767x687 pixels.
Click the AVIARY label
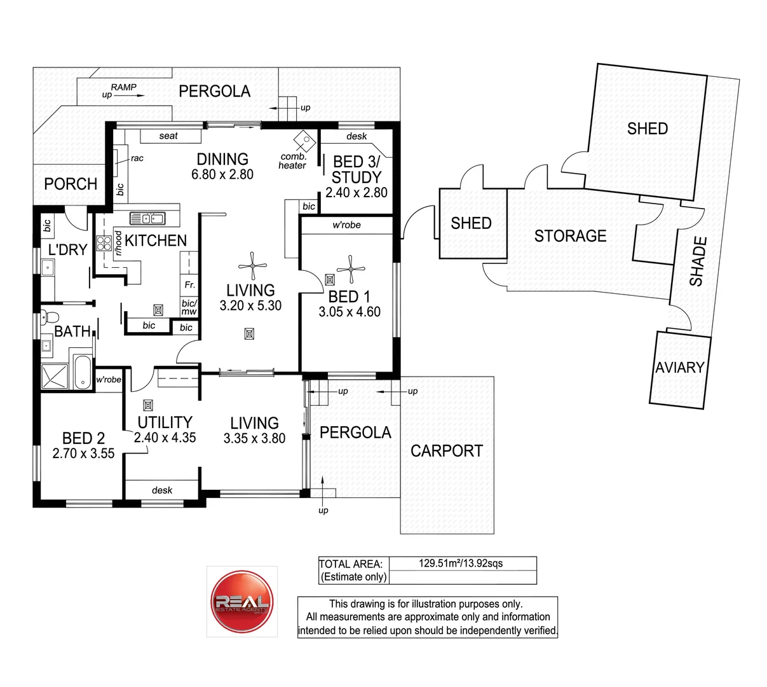click(679, 367)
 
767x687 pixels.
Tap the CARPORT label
click(447, 451)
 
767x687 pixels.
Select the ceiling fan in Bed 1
click(351, 269)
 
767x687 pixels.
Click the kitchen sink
click(147, 218)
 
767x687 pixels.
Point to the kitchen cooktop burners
click(104, 243)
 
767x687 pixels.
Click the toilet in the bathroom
click(49, 317)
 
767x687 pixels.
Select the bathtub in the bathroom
click(83, 372)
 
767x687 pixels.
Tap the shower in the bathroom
click(55, 377)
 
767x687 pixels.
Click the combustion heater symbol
click(304, 141)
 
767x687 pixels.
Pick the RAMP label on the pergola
click(123, 87)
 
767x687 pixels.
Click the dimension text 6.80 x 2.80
click(222, 174)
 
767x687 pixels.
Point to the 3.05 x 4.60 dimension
click(350, 312)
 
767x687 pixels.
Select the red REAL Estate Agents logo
click(242, 601)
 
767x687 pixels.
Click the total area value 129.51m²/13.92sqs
click(461, 563)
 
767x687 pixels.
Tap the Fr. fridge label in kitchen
click(189, 284)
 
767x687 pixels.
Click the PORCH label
click(71, 184)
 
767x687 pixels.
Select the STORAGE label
click(570, 236)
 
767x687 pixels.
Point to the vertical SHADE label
click(698, 261)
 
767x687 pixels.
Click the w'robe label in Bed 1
click(346, 225)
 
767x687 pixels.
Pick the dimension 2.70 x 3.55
click(83, 453)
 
